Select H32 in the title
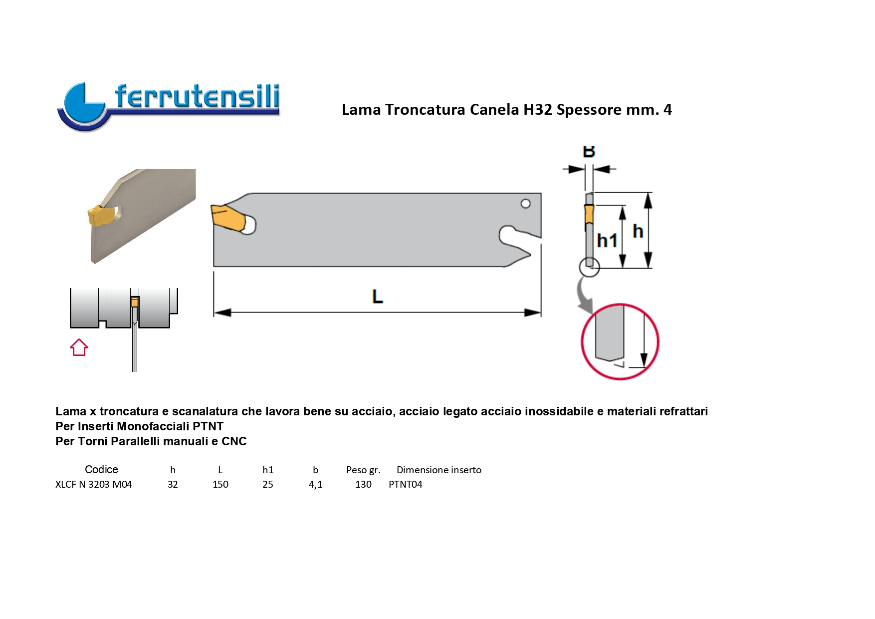pos(538,109)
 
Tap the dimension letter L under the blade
pos(378,297)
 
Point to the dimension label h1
pos(607,241)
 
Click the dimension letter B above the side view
pos(589,151)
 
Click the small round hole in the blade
pos(525,204)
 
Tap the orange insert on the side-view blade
pos(589,214)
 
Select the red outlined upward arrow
pos(79,347)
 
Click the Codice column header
pos(101,469)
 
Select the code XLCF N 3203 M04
pos(94,484)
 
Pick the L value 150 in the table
pos(220,484)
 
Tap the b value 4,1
pos(316,484)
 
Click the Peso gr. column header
pos(364,470)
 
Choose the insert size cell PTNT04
pos(406,484)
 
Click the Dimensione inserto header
pos(439,470)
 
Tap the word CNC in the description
pos(234,441)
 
